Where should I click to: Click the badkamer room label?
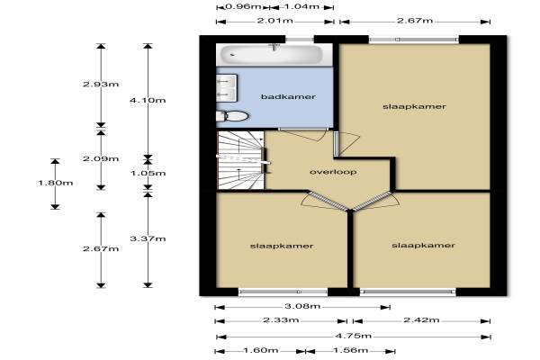pyautogui.click(x=288, y=97)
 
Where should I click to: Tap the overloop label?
pyautogui.click(x=333, y=172)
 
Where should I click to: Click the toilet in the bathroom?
pyautogui.click(x=232, y=116)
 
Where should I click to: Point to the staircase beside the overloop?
pyautogui.click(x=240, y=160)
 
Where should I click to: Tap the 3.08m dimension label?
pyautogui.click(x=302, y=306)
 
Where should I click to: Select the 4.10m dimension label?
pyautogui.click(x=148, y=100)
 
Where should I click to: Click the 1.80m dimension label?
pyautogui.click(x=56, y=183)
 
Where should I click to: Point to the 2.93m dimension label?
pyautogui.click(x=101, y=84)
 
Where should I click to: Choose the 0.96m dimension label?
pyautogui.click(x=243, y=6)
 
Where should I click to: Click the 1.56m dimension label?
pyautogui.click(x=351, y=351)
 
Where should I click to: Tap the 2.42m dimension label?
pyautogui.click(x=421, y=320)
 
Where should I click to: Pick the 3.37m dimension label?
pyautogui.click(x=148, y=238)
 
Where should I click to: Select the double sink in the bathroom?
pyautogui.click(x=227, y=88)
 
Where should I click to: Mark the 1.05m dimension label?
pyautogui.click(x=148, y=174)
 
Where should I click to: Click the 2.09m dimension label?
pyautogui.click(x=101, y=158)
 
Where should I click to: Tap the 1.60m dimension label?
pyautogui.click(x=261, y=351)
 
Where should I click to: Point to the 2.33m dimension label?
pyautogui.click(x=281, y=320)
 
